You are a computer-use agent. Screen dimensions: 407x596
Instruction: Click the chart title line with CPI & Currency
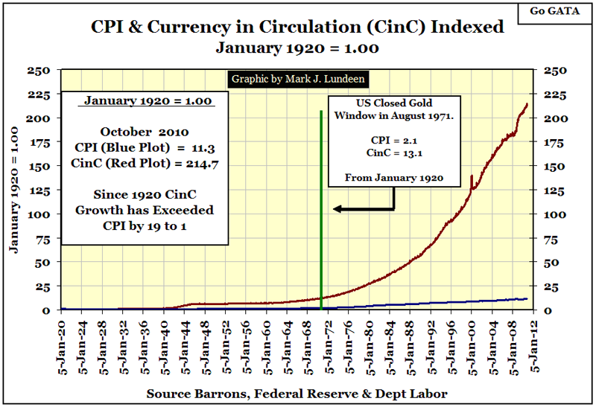(x=297, y=28)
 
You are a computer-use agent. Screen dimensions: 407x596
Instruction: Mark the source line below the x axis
(x=298, y=392)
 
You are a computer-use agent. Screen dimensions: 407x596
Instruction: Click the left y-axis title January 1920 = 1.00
(x=15, y=190)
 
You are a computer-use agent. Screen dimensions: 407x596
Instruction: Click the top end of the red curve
(x=527, y=104)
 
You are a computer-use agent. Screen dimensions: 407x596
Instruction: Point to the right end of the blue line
(x=527, y=298)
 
